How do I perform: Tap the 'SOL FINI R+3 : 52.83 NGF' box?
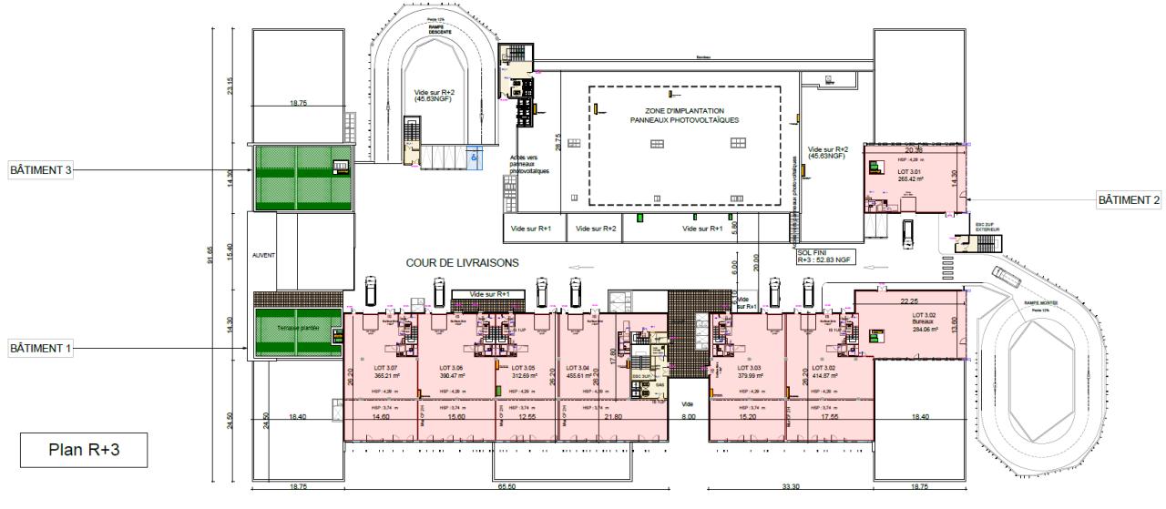[824, 256]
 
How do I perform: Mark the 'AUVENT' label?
[262, 257]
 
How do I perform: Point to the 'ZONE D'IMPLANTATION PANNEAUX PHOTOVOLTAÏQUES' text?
[684, 115]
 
